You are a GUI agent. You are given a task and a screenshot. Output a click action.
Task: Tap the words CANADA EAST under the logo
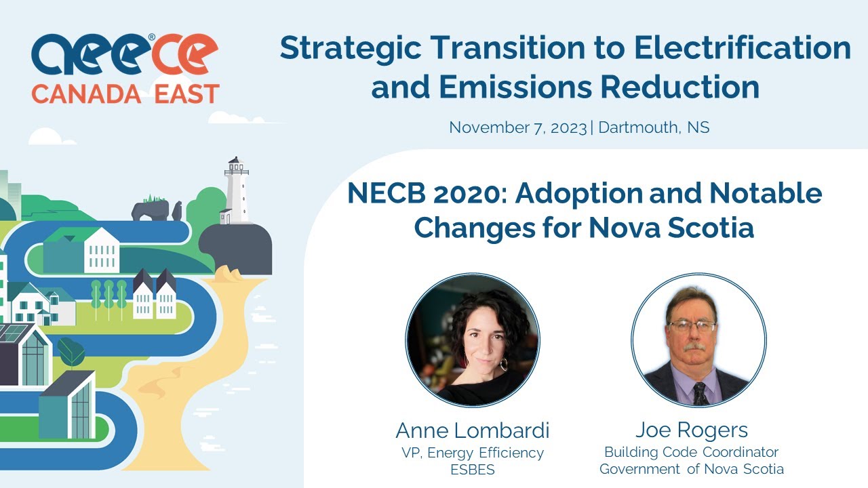click(125, 94)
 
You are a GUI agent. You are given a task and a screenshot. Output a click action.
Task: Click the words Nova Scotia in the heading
click(671, 228)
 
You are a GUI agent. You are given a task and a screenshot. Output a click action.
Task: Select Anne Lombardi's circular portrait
click(473, 340)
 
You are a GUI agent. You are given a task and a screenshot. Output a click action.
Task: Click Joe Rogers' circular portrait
click(698, 340)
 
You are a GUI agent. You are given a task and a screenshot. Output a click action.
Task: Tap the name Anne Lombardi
click(473, 430)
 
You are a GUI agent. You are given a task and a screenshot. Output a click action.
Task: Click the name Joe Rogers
click(692, 430)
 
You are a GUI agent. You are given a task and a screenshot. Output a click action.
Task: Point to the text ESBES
click(473, 469)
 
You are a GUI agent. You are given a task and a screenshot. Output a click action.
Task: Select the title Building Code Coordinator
click(692, 452)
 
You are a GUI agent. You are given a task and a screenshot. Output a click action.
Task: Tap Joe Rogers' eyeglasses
click(692, 326)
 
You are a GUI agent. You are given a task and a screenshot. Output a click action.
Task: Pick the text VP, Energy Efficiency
click(473, 453)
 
